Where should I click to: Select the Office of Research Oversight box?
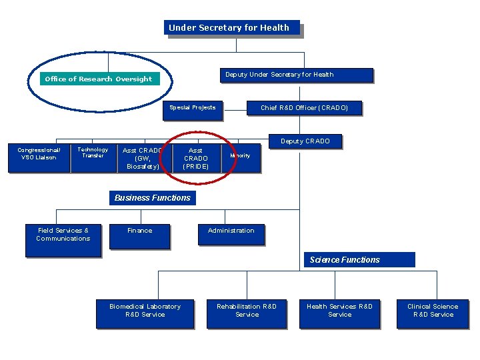[99, 79]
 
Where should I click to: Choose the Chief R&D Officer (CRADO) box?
[304, 108]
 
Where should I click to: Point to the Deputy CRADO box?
[305, 141]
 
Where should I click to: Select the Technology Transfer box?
[93, 157]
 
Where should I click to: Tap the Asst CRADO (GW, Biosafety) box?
[141, 159]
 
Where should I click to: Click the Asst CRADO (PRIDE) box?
[196, 159]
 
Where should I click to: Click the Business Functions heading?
[152, 198]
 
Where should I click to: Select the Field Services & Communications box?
[63, 241]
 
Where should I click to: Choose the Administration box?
[231, 233]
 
